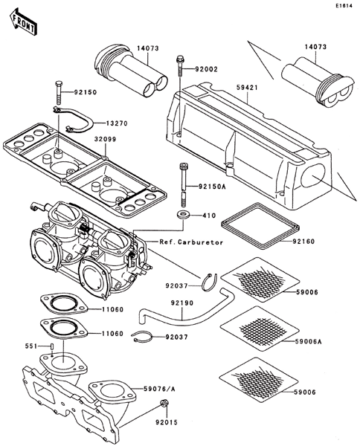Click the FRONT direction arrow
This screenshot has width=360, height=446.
pyautogui.click(x=23, y=22)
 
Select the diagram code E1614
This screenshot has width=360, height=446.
pyautogui.click(x=344, y=5)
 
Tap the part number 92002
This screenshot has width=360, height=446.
pyautogui.click(x=206, y=69)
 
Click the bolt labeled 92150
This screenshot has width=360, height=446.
pyautogui.click(x=58, y=92)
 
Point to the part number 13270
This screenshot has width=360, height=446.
pyautogui.click(x=117, y=123)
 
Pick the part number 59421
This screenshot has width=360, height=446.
pyautogui.click(x=247, y=88)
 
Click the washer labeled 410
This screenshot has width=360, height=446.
pyautogui.click(x=183, y=215)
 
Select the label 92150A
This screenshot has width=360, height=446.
pyautogui.click(x=212, y=187)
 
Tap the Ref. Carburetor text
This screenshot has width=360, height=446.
pyautogui.click(x=191, y=242)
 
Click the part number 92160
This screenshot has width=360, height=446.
pyautogui.click(x=304, y=242)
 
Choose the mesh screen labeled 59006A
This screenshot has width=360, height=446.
pyautogui.click(x=260, y=329)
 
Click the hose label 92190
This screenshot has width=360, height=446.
pyautogui.click(x=181, y=303)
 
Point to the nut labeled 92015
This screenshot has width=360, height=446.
pyautogui.click(x=164, y=403)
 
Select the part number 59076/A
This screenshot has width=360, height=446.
pyautogui.click(x=159, y=389)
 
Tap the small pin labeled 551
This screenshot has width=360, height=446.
pyautogui.click(x=52, y=346)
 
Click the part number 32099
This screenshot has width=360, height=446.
pyautogui.click(x=106, y=140)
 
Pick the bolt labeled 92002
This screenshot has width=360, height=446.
pyautogui.click(x=179, y=67)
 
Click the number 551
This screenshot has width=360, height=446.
pyautogui.click(x=31, y=346)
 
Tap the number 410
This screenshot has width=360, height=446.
pyautogui.click(x=209, y=216)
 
